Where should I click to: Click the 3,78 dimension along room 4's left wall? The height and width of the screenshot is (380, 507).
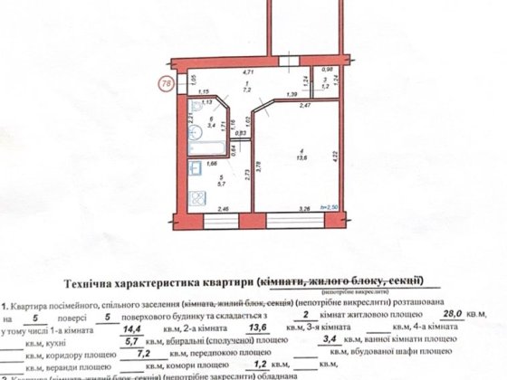pos(259,164)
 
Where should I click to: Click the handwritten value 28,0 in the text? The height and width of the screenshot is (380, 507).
pos(446,312)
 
